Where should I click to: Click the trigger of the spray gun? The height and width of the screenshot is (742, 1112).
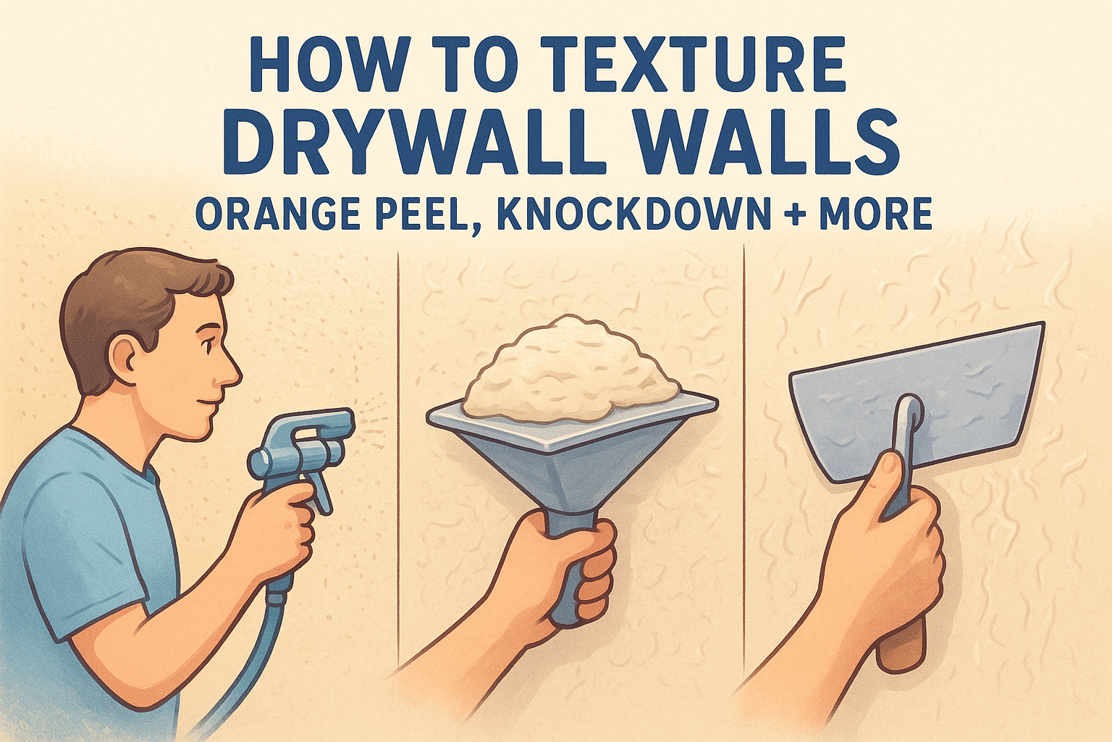pyautogui.click(x=320, y=490)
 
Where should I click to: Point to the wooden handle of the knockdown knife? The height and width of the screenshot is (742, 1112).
pyautogui.click(x=901, y=646)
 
